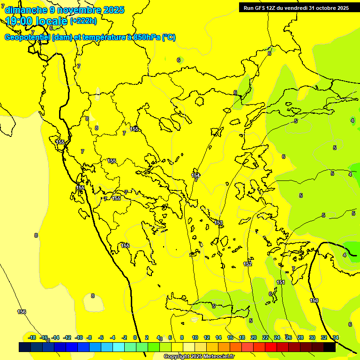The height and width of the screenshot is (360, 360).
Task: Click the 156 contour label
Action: point(22,312)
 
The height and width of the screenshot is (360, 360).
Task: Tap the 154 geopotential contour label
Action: point(195,175)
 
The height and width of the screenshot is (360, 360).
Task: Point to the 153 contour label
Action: point(218,223)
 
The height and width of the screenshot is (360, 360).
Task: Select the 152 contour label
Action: point(247,264)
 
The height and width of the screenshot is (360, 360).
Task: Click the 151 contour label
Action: point(281,282)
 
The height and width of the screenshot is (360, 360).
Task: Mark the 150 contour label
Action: point(314,300)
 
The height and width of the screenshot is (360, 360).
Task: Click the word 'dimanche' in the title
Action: point(23,10)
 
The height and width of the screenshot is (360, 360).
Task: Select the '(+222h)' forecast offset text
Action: point(83,21)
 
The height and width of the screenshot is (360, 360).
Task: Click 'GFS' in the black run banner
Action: point(261,8)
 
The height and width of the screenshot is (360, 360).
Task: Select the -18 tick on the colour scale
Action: point(32,337)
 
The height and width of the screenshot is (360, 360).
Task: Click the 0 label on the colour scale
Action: point(135,337)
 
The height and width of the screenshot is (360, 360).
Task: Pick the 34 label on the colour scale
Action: point(335,337)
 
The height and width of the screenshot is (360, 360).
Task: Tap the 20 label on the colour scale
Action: point(254,337)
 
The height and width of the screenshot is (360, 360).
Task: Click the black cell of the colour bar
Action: point(330,347)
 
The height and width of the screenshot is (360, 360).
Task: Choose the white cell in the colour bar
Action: point(188,347)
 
